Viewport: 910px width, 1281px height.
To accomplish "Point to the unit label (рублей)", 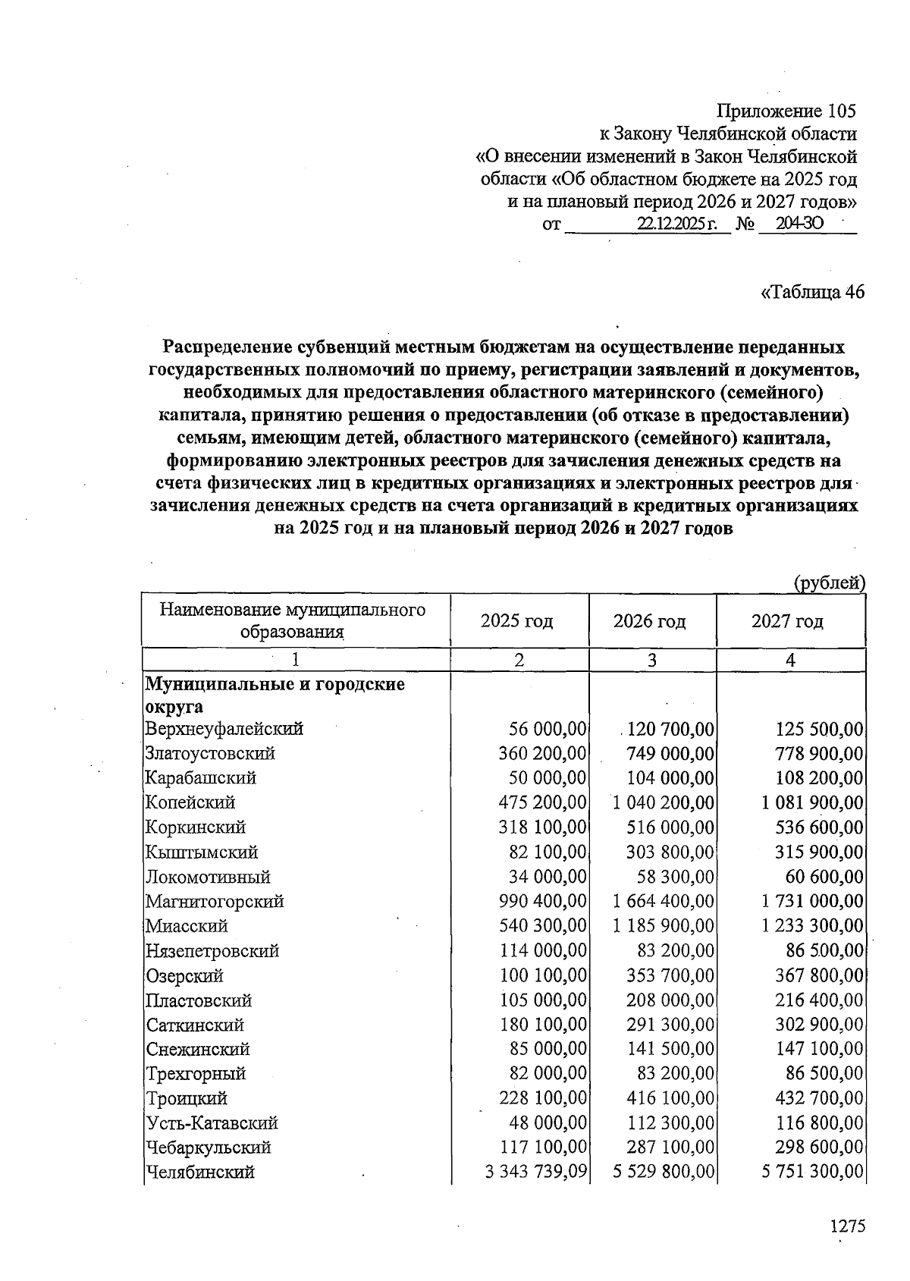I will click(829, 582).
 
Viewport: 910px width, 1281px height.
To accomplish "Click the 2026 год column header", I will click(650, 622).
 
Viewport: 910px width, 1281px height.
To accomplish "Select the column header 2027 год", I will click(787, 622).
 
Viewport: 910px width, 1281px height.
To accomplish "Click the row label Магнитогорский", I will click(215, 902).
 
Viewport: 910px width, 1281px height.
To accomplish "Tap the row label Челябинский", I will click(200, 1173).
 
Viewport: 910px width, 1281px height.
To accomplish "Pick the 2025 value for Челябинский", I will click(535, 1173).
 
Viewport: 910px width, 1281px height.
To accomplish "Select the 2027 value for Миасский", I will click(812, 926).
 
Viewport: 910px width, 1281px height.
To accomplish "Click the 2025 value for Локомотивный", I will click(548, 877).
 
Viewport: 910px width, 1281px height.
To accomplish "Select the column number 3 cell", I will click(651, 661).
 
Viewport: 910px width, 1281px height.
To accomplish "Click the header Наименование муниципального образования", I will click(293, 620).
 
